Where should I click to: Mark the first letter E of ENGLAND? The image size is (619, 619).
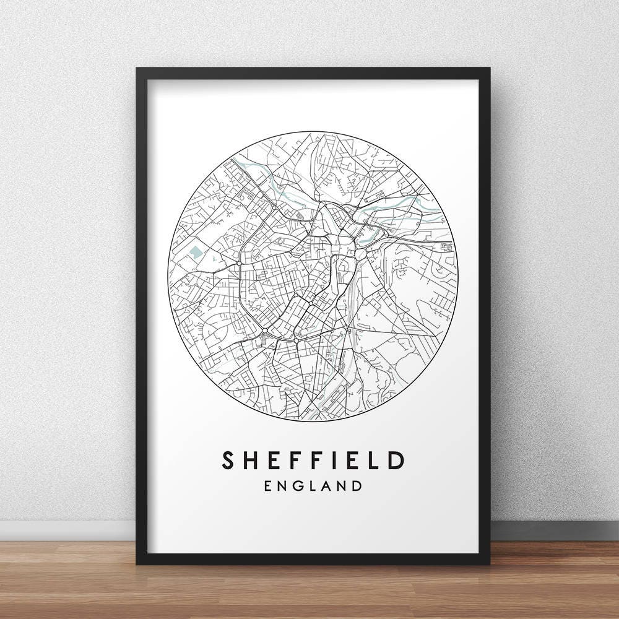point(268,485)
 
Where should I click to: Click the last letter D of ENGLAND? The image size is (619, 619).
point(356,485)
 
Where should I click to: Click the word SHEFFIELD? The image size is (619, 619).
point(313,460)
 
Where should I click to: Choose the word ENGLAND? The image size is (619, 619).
point(313,485)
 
